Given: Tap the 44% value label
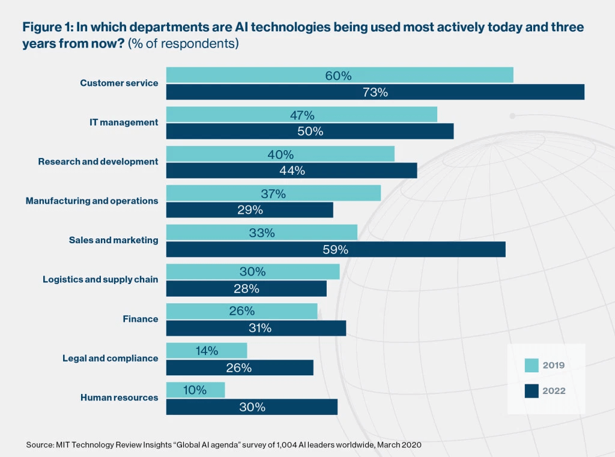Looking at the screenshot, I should click(x=292, y=171).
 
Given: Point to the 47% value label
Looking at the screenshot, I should click(x=301, y=115).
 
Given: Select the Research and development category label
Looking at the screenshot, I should click(x=98, y=162).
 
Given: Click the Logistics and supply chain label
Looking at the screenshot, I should click(x=100, y=279).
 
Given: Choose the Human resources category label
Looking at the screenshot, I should click(x=119, y=398).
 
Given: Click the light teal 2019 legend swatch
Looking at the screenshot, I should click(x=532, y=365).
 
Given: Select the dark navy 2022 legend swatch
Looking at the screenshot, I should click(x=532, y=391).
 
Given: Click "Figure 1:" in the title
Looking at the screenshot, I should click(x=46, y=28).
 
